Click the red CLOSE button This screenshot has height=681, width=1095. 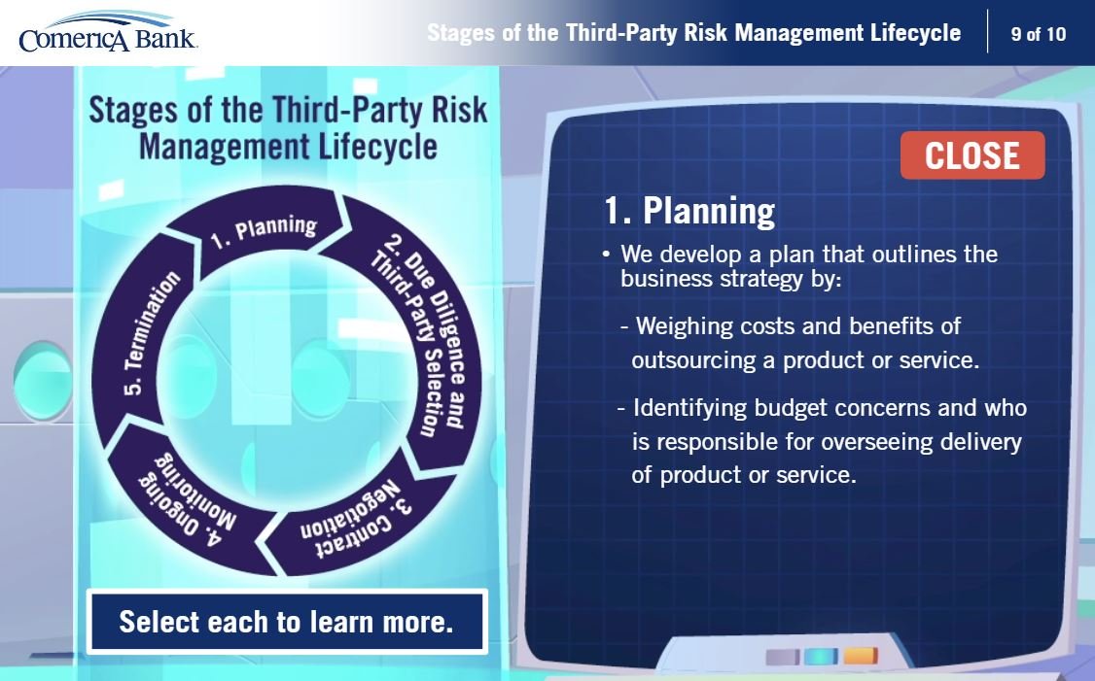click(972, 154)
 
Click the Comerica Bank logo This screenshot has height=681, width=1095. click(108, 33)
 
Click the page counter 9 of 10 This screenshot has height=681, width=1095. click(1039, 33)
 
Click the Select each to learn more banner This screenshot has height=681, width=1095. click(287, 622)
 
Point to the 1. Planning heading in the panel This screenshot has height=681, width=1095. click(689, 210)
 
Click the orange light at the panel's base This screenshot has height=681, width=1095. click(861, 657)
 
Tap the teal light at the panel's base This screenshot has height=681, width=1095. click(821, 657)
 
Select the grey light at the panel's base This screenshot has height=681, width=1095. click(782, 657)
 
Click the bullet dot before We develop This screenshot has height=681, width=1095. click(606, 254)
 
